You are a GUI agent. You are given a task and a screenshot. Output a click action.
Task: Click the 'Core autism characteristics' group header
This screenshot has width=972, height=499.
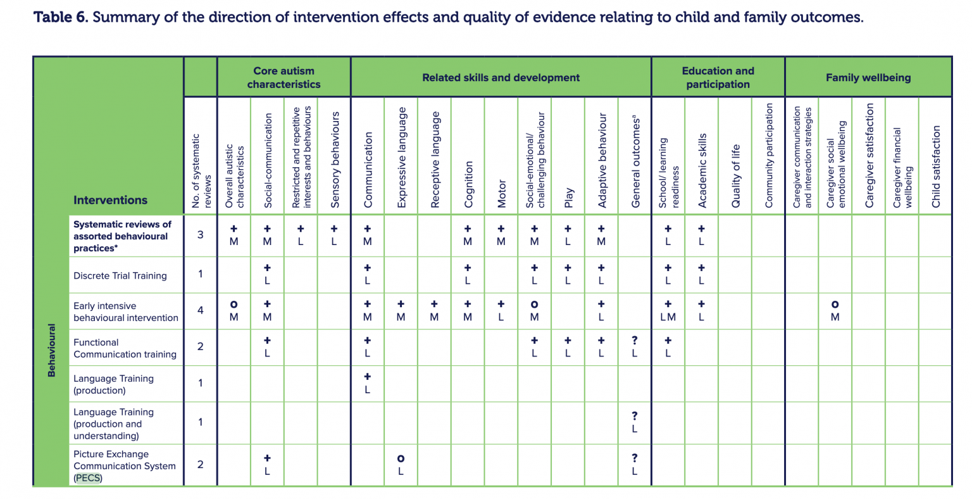[283, 77]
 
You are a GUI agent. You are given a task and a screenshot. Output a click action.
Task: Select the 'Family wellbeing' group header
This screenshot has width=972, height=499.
[868, 77]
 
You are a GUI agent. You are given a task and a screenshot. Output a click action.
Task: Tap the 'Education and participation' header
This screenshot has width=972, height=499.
[718, 77]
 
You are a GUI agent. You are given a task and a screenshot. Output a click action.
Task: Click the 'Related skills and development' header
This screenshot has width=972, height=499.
[501, 77]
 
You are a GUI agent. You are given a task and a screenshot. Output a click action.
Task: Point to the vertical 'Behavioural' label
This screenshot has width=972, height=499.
[52, 350]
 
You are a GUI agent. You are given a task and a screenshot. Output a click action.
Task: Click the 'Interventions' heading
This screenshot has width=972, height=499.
[110, 199]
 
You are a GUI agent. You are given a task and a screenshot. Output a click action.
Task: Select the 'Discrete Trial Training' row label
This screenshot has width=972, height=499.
[120, 275]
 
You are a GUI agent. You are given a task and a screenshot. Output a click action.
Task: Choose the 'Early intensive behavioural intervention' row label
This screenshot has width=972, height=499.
[126, 312]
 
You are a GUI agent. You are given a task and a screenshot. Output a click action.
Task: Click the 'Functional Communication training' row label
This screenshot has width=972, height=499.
[125, 348]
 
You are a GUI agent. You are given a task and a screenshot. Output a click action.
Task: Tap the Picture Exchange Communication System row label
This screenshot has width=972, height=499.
[125, 465]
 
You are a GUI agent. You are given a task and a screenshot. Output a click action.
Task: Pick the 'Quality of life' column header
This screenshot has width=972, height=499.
[735, 176]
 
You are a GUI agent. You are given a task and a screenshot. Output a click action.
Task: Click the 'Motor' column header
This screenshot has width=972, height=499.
[501, 194]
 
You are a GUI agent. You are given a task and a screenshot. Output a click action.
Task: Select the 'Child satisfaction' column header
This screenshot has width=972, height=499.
[935, 167]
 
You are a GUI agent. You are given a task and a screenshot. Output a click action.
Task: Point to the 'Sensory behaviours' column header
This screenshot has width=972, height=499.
[335, 160]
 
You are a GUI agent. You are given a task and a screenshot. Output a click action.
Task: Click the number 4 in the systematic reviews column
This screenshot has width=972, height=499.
[201, 310]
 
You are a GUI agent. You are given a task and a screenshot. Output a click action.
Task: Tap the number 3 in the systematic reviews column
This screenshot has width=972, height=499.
[201, 234]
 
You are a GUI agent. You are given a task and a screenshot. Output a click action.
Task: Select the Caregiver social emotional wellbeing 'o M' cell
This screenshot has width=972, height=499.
[835, 310]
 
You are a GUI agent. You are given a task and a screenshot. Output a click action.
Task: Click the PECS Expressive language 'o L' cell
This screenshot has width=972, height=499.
[401, 465]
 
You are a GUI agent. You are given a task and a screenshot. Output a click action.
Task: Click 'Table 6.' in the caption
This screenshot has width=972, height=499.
[61, 17]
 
